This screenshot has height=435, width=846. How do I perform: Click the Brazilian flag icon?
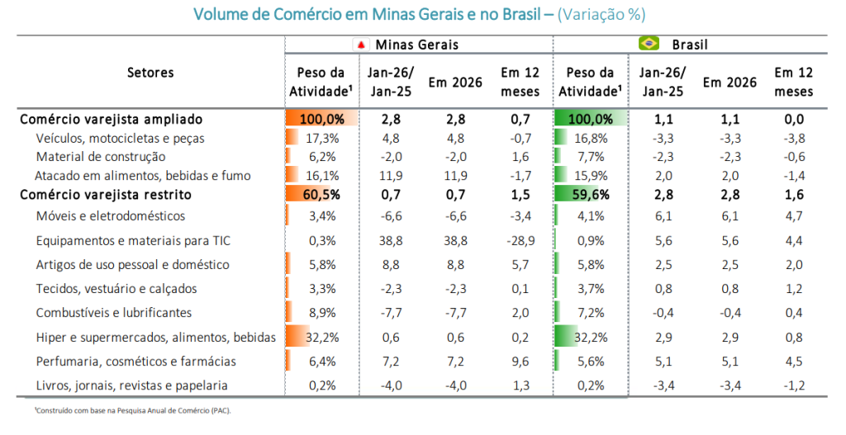[649, 44]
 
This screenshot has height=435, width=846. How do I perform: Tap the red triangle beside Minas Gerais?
[361, 45]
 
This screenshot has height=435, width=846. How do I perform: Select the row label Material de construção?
[101, 157]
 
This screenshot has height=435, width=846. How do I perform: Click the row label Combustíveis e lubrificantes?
[114, 313]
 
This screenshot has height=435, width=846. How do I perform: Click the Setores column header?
[150, 73]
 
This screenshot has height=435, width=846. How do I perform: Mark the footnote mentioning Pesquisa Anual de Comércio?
[122, 411]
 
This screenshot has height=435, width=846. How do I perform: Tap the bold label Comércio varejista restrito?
[105, 195]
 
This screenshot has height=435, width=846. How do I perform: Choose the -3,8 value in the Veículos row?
[793, 138]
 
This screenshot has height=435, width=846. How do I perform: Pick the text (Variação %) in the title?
[601, 15]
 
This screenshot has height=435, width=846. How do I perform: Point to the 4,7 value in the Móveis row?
[793, 216]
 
